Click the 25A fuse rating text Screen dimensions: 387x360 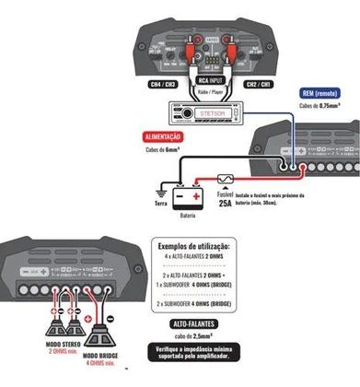tap(226, 205)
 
